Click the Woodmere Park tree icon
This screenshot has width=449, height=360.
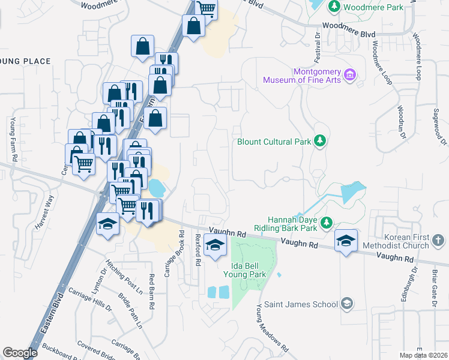(334, 7)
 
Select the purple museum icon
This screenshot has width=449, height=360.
(351, 76)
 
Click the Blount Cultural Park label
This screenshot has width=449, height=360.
(274, 142)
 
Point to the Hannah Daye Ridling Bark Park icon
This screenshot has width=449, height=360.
(327, 223)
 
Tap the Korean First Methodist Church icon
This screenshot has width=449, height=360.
(438, 241)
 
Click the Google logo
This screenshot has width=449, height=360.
(19, 353)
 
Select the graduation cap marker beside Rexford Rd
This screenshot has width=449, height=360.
(215, 245)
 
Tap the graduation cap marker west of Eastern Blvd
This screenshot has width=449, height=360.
(107, 224)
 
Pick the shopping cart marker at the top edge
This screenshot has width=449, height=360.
(206, 8)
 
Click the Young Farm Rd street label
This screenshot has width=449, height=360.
(13, 140)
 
